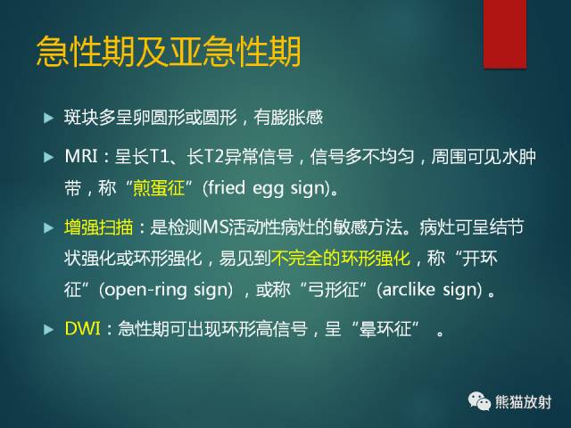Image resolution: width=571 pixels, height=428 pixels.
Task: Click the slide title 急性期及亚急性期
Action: tap(168, 51)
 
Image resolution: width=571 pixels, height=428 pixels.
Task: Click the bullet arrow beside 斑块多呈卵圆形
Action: tap(49, 118)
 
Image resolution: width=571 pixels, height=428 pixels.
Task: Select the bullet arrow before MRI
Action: tap(49, 158)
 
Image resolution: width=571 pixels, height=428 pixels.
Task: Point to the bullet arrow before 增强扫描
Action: tap(49, 228)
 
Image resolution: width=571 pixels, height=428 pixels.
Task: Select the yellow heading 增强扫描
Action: tap(97, 228)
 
